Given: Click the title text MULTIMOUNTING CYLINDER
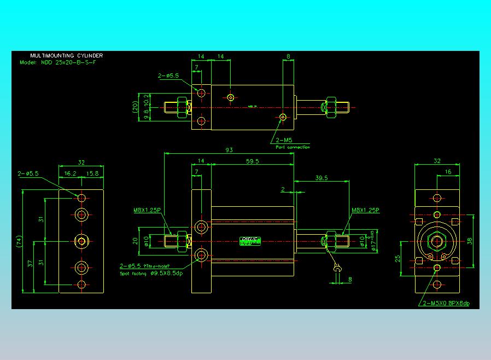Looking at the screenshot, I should (66, 56).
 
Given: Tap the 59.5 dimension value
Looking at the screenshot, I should (252, 161).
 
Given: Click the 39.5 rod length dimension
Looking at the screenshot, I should (322, 178).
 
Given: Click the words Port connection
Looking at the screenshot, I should (293, 147).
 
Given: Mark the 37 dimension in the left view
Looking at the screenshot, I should (31, 263).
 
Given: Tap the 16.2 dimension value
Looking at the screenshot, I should (70, 173).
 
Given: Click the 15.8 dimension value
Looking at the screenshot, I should (92, 173).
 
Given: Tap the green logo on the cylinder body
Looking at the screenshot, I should (251, 240).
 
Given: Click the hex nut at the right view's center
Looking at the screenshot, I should (436, 241).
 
